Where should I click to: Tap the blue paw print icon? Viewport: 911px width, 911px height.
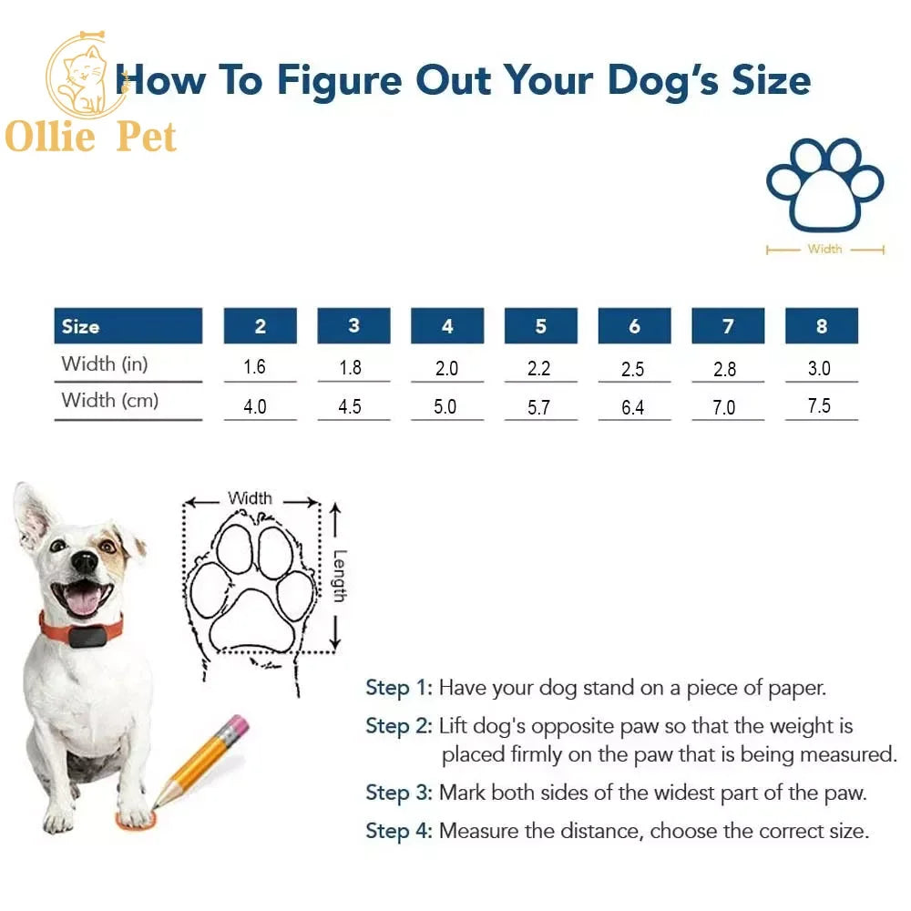point(824,185)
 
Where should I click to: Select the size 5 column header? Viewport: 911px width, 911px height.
point(540,326)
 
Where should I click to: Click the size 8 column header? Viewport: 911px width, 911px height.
point(821,326)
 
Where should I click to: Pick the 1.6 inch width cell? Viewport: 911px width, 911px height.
point(255,367)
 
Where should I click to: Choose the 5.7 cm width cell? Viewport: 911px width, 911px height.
point(539,407)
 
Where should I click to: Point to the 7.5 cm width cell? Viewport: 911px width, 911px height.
point(820,406)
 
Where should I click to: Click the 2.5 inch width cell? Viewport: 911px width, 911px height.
point(633,368)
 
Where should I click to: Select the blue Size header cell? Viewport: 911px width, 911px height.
point(128,326)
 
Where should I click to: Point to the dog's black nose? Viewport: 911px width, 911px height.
point(85,561)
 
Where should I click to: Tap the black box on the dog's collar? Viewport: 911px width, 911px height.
point(88,637)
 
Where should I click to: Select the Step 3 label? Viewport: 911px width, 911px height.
point(398,793)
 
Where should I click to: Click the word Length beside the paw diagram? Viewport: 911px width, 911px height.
point(339,575)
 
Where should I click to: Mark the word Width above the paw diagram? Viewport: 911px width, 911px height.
point(250,498)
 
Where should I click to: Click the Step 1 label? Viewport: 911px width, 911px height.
point(398,688)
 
